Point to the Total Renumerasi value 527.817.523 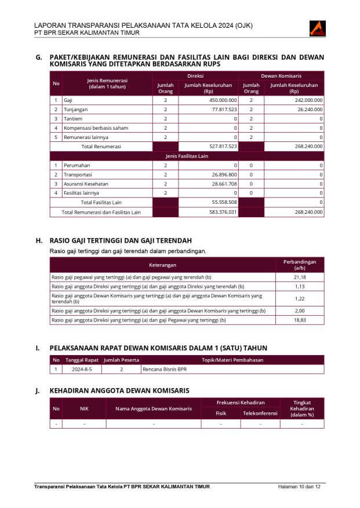(223, 147)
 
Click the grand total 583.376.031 (223, 212)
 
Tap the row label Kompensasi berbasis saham (96, 128)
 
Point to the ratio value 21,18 (299, 277)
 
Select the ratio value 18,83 (299, 320)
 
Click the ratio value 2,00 (299, 310)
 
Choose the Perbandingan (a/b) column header (299, 265)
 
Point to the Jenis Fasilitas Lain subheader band (187, 156)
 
